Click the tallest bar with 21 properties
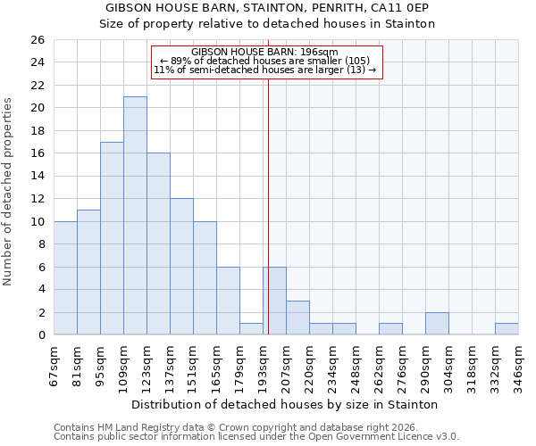point(135,216)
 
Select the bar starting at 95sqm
point(112,238)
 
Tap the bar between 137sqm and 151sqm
point(181,267)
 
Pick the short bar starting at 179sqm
point(251,329)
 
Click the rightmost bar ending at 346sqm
point(507,329)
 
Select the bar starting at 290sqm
point(437,324)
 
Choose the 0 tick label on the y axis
point(39,335)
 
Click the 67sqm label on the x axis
point(54,363)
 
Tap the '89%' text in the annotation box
point(181,61)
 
